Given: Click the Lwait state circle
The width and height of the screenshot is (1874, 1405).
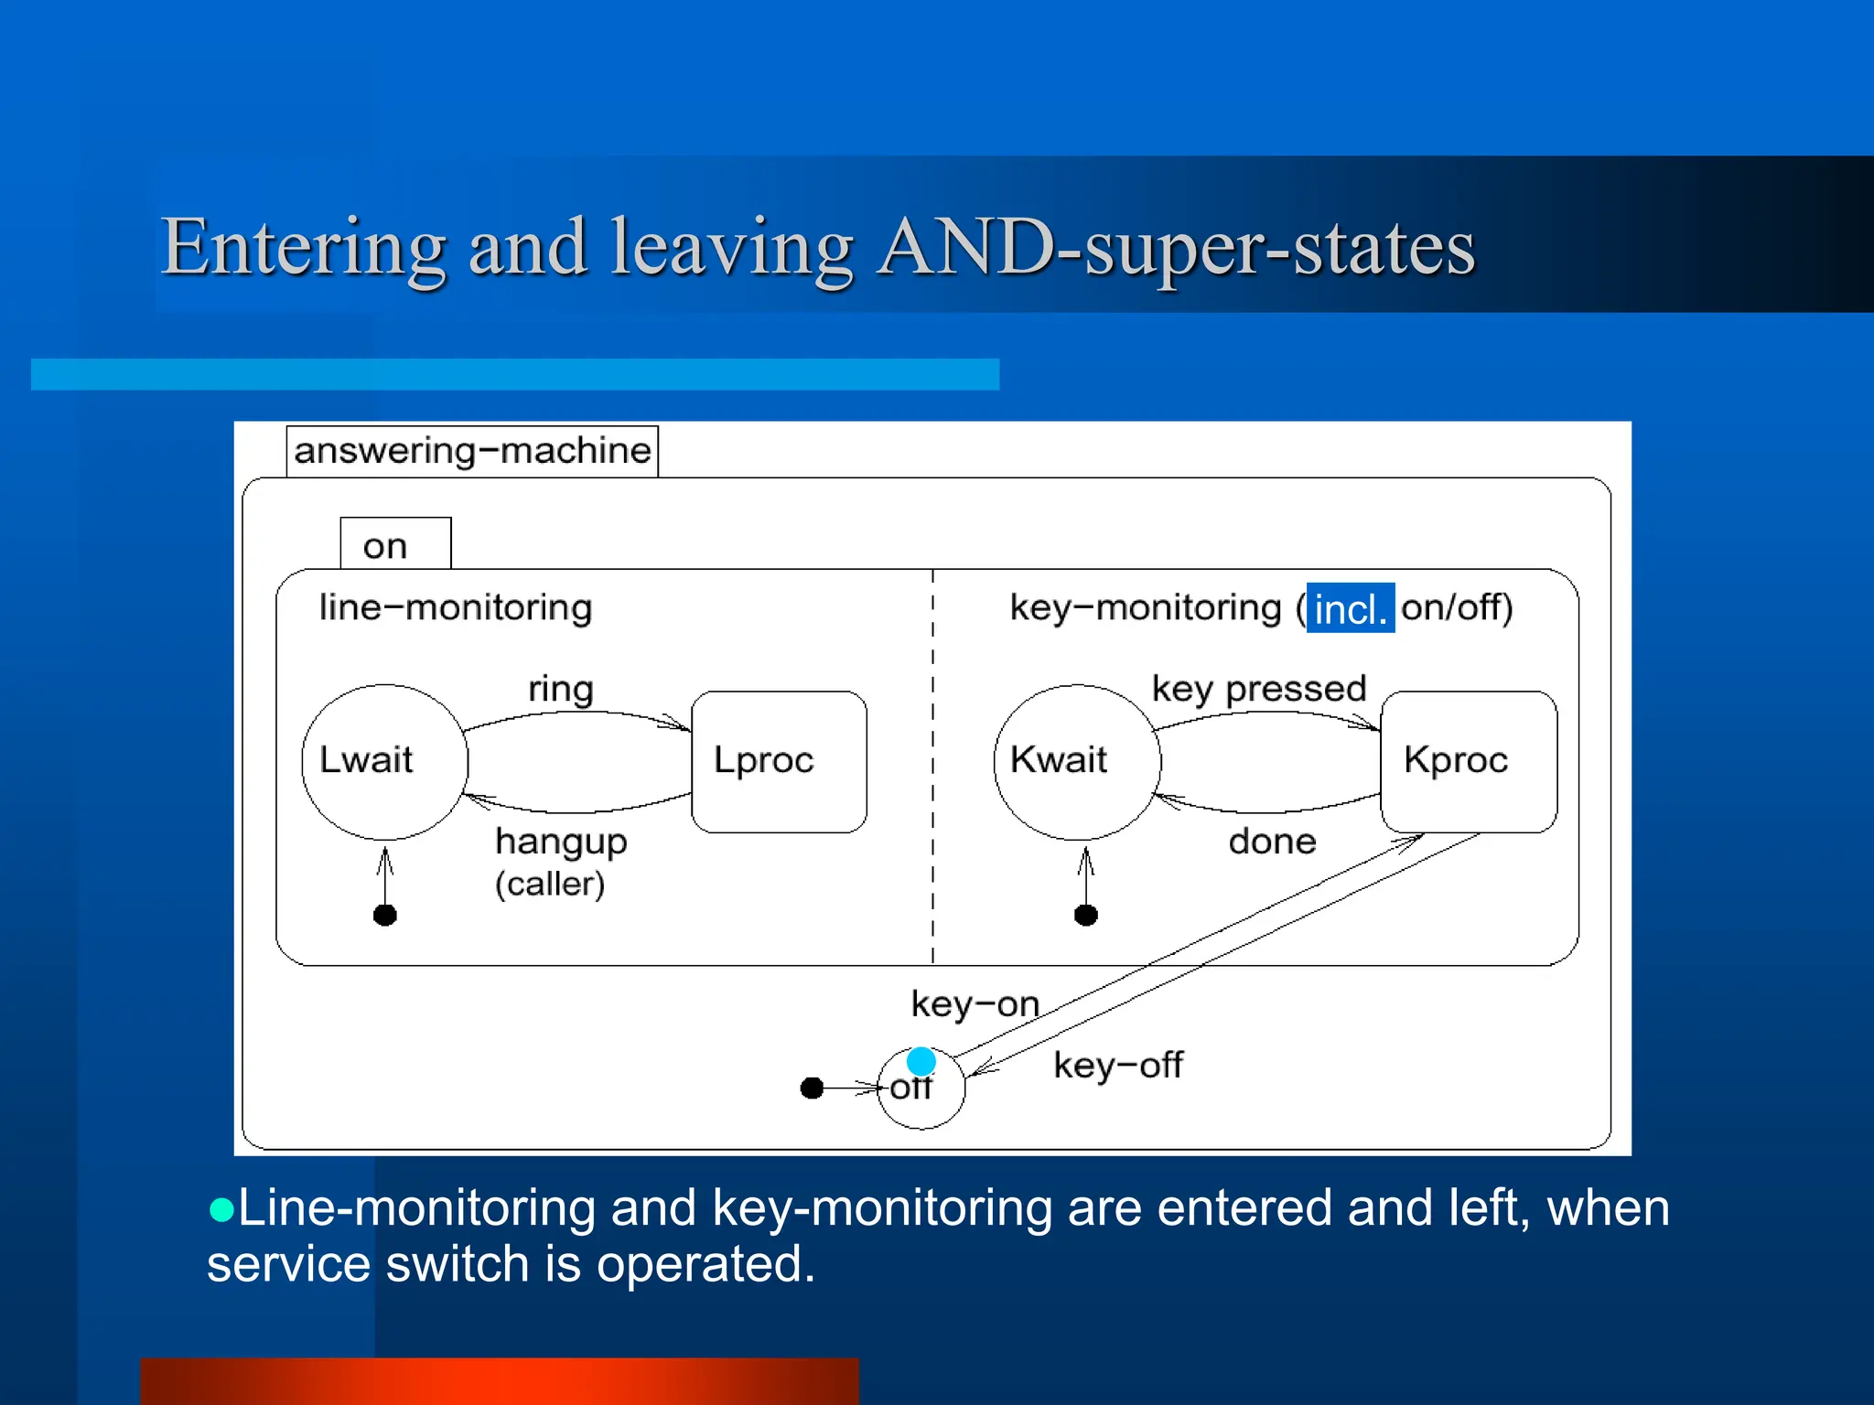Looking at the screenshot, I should [384, 761].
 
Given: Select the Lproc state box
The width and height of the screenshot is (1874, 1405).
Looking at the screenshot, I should [779, 761].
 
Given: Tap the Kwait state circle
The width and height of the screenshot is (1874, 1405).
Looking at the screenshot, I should [1077, 761].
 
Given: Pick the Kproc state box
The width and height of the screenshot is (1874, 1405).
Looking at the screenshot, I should [1468, 761].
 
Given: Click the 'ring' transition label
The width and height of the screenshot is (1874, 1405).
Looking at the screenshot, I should [561, 689].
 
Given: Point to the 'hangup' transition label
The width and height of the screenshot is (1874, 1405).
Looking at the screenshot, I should [561, 842].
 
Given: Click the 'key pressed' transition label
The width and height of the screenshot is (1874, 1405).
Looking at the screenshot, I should [1258, 689].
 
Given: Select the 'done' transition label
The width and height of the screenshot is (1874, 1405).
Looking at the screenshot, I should [1272, 842].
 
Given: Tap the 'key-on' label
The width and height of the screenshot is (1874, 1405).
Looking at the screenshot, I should [975, 1004].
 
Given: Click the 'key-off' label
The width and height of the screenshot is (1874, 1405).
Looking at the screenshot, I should [1118, 1065].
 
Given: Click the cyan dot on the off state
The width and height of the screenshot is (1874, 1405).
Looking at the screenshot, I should [921, 1061].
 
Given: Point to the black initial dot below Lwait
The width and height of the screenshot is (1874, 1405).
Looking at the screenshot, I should [385, 915].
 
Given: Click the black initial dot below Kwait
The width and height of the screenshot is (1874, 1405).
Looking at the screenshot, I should [1086, 915].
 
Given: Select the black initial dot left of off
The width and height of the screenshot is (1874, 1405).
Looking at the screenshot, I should [812, 1088].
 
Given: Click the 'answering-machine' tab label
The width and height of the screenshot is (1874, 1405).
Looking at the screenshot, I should [472, 451].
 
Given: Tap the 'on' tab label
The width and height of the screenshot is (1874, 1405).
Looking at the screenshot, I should [385, 546].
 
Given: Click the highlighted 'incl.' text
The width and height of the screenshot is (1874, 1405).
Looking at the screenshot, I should [1351, 608].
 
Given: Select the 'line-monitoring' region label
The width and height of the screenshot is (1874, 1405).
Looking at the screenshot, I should [456, 607].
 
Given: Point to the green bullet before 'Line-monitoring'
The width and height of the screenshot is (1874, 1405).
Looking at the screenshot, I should [221, 1211].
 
